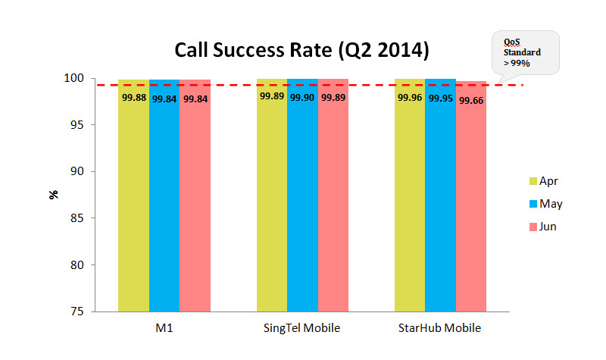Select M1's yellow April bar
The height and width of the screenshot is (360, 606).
coord(133,197)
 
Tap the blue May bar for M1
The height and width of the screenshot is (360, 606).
coord(164,197)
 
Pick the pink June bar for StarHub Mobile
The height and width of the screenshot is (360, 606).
coord(471,197)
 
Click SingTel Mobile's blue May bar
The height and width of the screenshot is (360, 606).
coord(302,197)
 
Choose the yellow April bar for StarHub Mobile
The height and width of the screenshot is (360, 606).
coord(410,197)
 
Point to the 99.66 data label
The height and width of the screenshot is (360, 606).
coord(471,100)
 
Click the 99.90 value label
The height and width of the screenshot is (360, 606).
coord(302,98)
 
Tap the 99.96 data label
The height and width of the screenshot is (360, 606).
coord(410,98)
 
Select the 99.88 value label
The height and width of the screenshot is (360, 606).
coord(134,98)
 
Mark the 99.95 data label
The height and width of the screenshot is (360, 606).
coord(440,98)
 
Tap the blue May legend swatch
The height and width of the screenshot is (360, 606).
coord(532,203)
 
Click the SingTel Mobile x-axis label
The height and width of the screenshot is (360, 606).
coord(302,328)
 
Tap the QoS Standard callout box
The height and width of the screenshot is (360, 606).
coord(523,52)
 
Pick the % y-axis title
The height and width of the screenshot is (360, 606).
coord(54,195)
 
